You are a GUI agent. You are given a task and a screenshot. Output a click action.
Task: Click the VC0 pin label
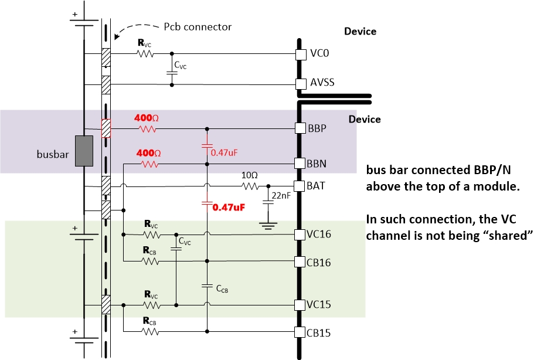click(321, 54)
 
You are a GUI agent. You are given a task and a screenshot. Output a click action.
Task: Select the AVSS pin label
click(322, 82)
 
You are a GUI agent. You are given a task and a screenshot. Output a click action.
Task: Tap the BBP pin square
click(301, 127)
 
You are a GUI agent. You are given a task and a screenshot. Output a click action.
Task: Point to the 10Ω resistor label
click(250, 175)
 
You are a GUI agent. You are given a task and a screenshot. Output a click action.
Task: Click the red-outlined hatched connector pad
click(106, 128)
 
